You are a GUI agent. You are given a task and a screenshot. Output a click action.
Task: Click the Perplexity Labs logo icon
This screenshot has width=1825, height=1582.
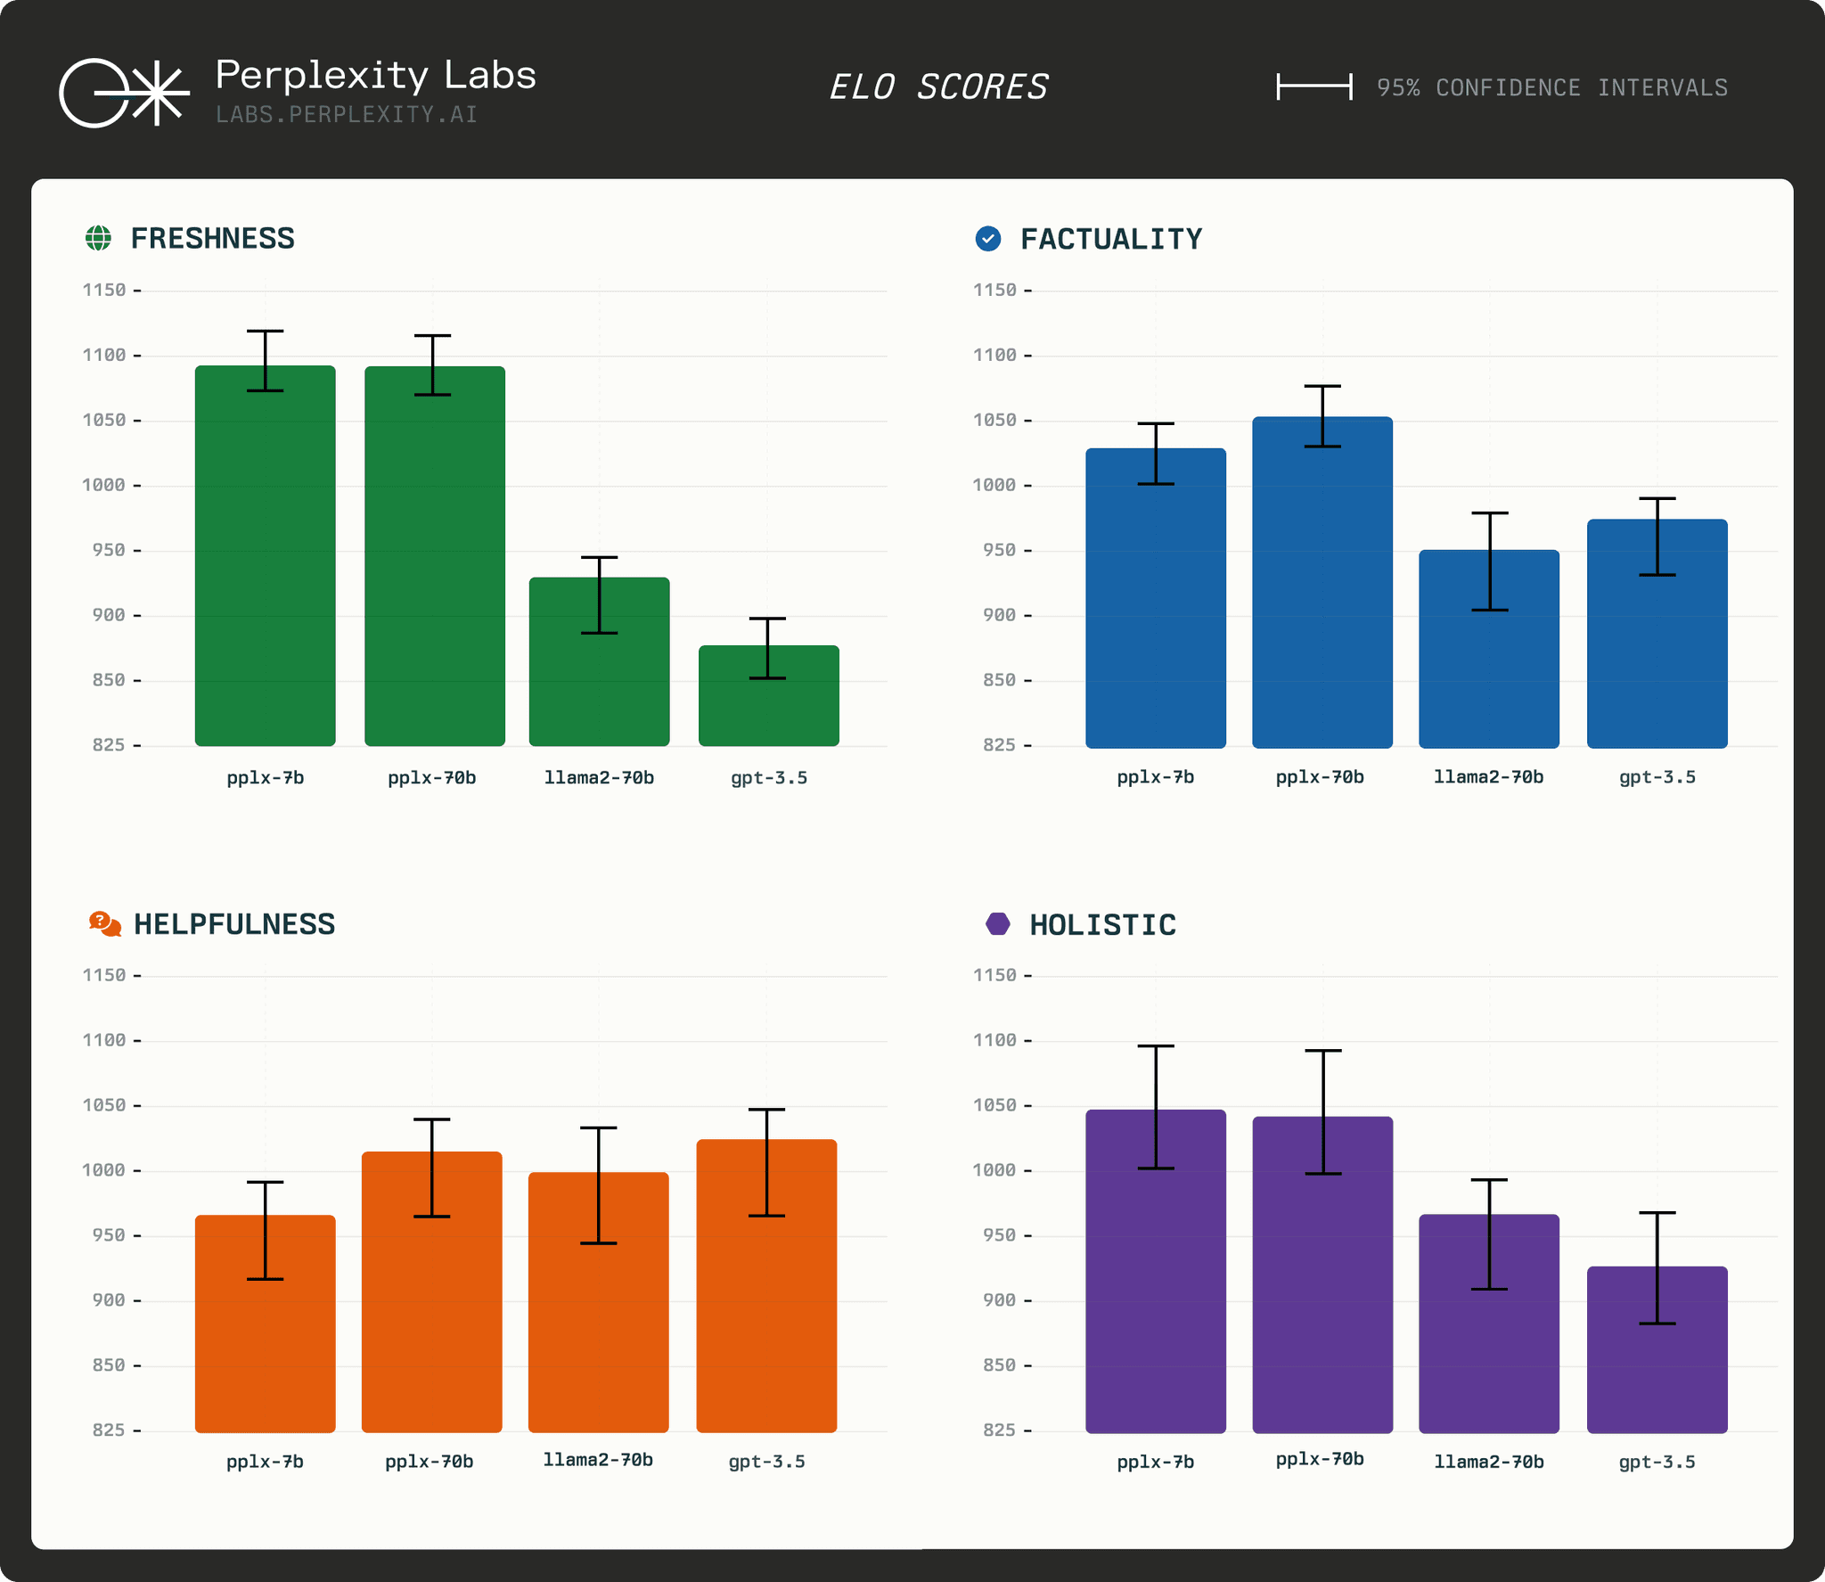(124, 93)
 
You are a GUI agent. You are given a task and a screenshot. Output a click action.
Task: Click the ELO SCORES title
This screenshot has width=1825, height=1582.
(938, 87)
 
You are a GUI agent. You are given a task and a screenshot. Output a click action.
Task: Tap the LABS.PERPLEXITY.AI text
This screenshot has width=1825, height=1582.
(347, 115)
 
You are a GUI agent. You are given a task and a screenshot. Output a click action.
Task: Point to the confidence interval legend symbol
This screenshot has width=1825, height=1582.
(1314, 87)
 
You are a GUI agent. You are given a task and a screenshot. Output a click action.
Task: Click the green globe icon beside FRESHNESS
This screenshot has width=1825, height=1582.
(98, 238)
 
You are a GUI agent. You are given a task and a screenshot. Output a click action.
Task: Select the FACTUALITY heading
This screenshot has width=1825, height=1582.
(1110, 239)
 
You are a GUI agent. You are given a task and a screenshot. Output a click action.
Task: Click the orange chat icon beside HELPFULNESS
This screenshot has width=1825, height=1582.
(104, 924)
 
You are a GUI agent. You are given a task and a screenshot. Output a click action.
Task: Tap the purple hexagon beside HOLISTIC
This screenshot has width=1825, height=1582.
(998, 924)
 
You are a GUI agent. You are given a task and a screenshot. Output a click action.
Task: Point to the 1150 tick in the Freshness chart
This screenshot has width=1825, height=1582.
(104, 290)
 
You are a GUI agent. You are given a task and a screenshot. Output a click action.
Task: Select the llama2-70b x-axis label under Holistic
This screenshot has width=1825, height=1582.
(1488, 1462)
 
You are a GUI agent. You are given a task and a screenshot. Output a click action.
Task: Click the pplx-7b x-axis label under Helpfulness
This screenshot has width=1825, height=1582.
(265, 1462)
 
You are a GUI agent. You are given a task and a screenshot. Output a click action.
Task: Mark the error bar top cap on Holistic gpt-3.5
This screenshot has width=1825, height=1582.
(1657, 1212)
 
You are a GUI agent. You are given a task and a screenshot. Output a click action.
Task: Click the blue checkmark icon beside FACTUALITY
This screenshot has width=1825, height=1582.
(988, 239)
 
